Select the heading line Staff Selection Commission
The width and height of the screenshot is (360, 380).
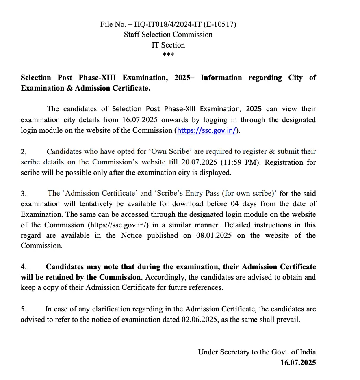point(168,35)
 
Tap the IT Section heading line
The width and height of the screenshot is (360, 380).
point(168,45)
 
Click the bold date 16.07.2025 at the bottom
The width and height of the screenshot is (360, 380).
point(298,363)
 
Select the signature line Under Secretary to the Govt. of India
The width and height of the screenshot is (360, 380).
point(257,352)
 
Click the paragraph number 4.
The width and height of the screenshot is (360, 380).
point(23,267)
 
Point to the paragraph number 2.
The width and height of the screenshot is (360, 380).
point(23,152)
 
